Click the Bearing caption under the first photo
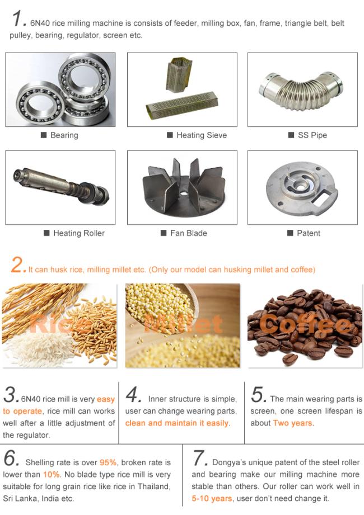pyautogui.click(x=64, y=135)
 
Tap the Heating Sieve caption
pyautogui.click(x=202, y=135)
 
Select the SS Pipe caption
pyautogui.click(x=312, y=135)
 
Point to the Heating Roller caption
pyautogui.click(x=79, y=233)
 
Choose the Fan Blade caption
pyautogui.click(x=188, y=233)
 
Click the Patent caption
pyautogui.click(x=309, y=233)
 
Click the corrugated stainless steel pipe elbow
pyautogui.click(x=301, y=89)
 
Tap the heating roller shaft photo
pyautogui.click(x=61, y=187)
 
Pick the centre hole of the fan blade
pyautogui.click(x=184, y=193)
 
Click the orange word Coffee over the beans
pyautogui.click(x=305, y=325)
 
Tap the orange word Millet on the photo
pyautogui.click(x=183, y=324)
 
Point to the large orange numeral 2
pyautogui.click(x=17, y=264)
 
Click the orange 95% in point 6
pyautogui.click(x=108, y=462)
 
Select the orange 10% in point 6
pyautogui.click(x=52, y=475)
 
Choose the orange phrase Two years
pyautogui.click(x=293, y=423)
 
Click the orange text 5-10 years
pyautogui.click(x=212, y=499)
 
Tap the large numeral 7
pyautogui.click(x=199, y=458)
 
